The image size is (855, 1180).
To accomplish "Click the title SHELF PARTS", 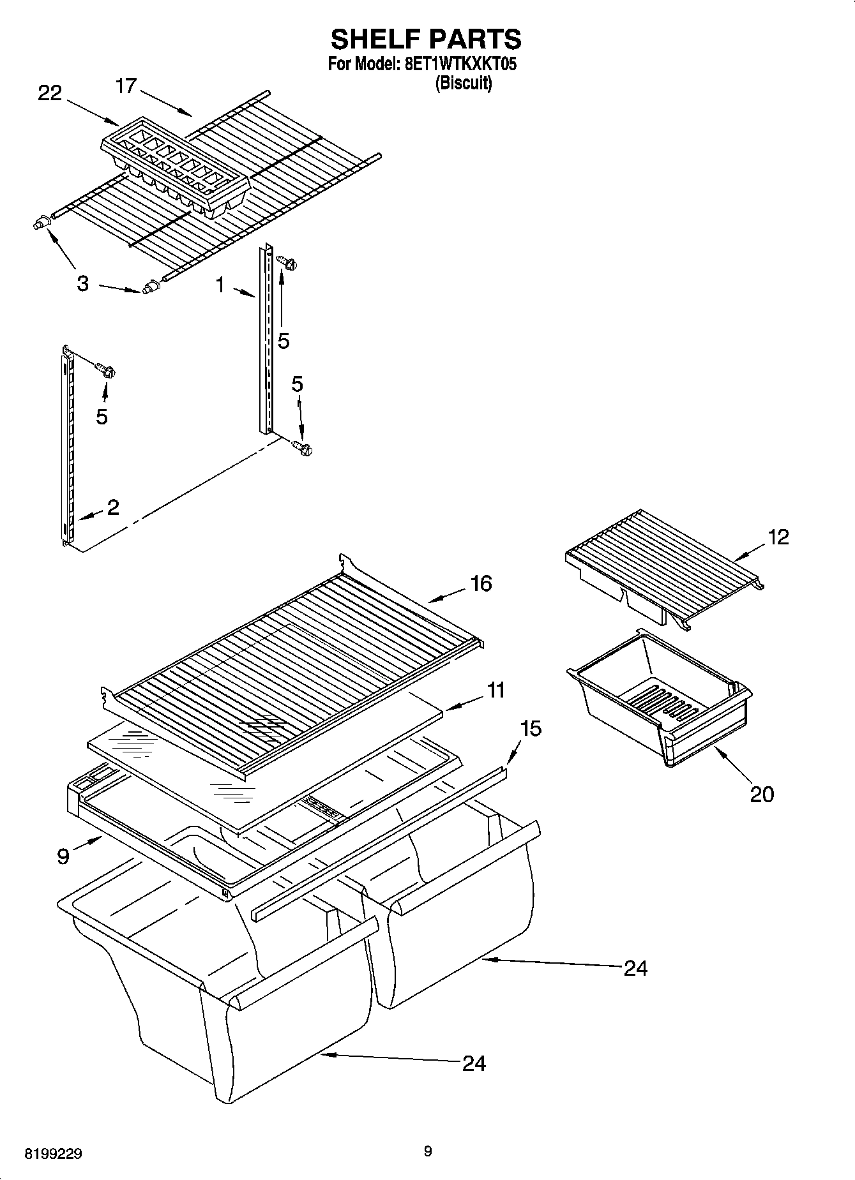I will pos(426,39).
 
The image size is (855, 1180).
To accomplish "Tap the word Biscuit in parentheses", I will pos(463,84).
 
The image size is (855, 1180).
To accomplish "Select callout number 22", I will pos(50,93).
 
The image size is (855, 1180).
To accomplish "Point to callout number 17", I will pos(126,86).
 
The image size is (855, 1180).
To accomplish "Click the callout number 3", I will pos(82,284).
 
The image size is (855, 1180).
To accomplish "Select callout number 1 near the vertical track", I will pos(220,285).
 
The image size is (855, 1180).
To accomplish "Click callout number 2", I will pos(113,507).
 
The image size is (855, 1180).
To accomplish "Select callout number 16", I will pos(481,583).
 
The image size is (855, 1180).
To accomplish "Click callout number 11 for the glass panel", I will pos(495,690).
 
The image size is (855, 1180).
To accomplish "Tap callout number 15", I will pos(531,728).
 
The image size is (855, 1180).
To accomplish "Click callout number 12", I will pos(778,537).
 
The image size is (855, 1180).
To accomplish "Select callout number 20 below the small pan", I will pos(761,794).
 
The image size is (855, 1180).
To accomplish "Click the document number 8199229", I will pos(53,1154).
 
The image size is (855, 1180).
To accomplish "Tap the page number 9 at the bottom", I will pos(427,1151).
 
